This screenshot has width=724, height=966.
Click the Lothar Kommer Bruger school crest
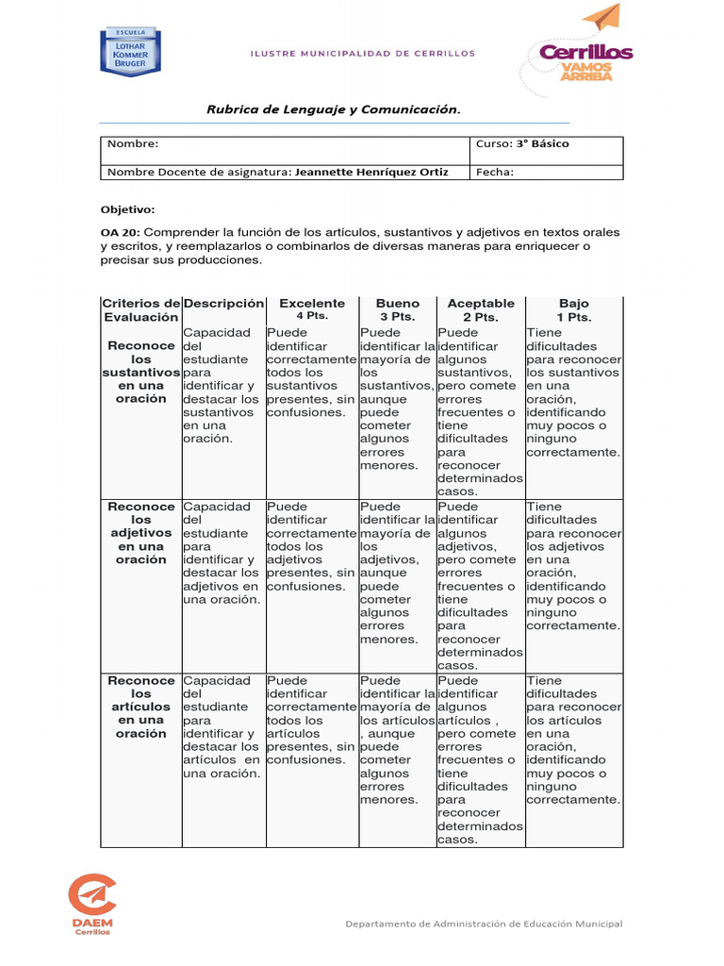(130, 54)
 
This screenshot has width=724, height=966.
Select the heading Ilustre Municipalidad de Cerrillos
(362, 54)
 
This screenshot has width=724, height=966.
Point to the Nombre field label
(133, 144)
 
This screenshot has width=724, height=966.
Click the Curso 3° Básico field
(522, 144)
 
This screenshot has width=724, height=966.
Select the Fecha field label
(495, 172)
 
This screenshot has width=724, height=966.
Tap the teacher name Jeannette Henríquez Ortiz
(371, 172)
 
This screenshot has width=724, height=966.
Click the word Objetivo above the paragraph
(127, 209)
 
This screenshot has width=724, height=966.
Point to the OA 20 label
(120, 232)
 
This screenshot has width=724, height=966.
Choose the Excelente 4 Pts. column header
(312, 309)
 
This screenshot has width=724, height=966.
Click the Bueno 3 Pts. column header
(398, 309)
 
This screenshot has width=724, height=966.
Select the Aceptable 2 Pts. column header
(481, 309)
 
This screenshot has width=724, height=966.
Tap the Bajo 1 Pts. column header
(573, 309)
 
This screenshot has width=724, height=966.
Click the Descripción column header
(223, 304)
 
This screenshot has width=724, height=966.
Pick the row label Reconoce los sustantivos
(140, 372)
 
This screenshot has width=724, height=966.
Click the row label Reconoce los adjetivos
(140, 533)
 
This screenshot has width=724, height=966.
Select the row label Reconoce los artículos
(140, 707)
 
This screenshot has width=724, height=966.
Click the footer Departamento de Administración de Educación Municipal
(484, 924)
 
